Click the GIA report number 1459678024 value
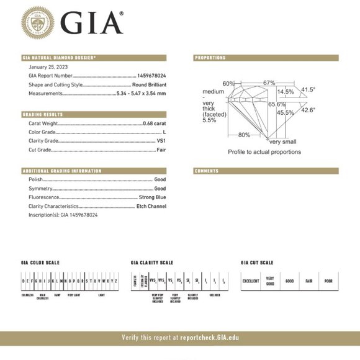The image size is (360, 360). click(149, 75)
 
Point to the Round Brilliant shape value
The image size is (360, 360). click(149, 84)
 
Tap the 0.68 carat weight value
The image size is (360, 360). click(154, 124)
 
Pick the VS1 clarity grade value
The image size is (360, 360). click(161, 142)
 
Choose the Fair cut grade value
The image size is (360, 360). click(161, 150)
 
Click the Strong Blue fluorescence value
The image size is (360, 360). click(152, 197)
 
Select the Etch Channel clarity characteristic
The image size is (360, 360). click(151, 205)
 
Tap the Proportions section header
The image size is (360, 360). click(210, 58)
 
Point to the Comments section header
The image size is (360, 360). click(207, 171)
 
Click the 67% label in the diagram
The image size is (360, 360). click(269, 83)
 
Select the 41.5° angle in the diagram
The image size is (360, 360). click(308, 90)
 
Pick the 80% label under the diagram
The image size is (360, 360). click(244, 135)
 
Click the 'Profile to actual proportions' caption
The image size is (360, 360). click(264, 151)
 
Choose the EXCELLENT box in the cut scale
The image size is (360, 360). click(251, 281)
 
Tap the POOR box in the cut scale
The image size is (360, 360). click(329, 281)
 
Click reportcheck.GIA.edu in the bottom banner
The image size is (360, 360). click(209, 338)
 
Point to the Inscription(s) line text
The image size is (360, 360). click(63, 214)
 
